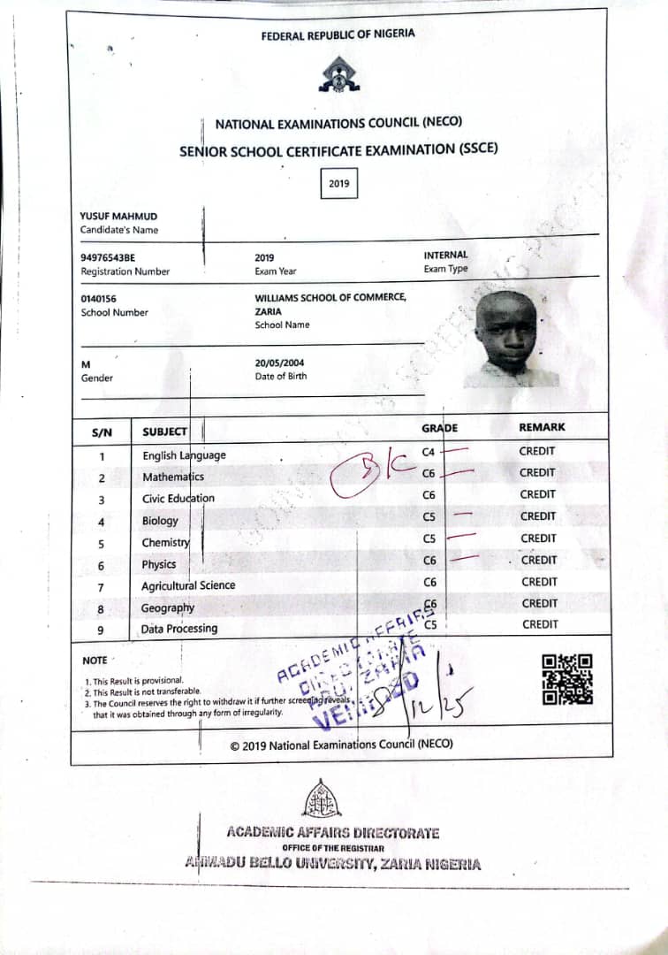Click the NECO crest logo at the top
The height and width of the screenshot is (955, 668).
[x=339, y=74]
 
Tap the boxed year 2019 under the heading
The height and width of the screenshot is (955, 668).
[x=339, y=184]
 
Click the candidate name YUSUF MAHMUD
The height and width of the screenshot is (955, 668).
[x=118, y=216]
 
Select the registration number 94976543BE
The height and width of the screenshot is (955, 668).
[x=109, y=257]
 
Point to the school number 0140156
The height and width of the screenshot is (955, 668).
[x=99, y=299]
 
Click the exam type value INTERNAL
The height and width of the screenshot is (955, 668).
[x=446, y=255]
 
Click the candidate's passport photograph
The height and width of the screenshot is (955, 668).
[x=510, y=338]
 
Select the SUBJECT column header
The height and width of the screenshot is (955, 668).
[x=165, y=432]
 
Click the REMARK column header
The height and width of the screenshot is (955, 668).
[x=542, y=427]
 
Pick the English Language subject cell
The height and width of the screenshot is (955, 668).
[x=184, y=455]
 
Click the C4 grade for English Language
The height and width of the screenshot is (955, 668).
[x=429, y=452]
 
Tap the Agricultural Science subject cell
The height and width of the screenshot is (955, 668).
[x=188, y=585]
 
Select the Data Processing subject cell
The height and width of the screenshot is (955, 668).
[x=179, y=629]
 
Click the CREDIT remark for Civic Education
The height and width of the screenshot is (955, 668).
[x=537, y=494]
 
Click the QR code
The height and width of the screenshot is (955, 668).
[x=566, y=679]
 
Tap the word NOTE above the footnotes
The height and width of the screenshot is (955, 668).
[x=95, y=661]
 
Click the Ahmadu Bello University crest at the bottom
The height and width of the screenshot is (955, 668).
[x=322, y=799]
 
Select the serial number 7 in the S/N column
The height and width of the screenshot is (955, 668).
[x=101, y=587]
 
